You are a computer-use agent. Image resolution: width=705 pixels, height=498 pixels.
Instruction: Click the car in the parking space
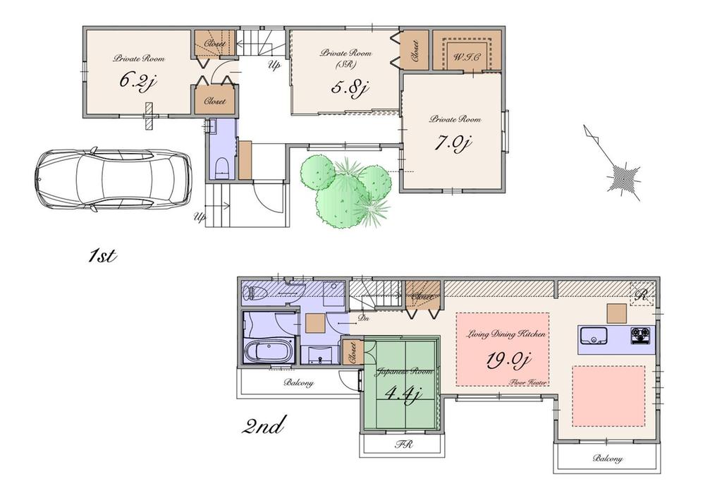(x=113, y=180)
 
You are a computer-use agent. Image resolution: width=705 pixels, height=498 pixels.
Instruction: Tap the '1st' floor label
(x=102, y=256)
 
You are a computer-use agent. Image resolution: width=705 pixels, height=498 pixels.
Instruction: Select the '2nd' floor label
(x=264, y=425)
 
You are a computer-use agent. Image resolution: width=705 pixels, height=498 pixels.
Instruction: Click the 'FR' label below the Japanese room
(x=403, y=446)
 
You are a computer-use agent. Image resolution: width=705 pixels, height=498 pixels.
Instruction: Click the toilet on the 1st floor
(x=221, y=169)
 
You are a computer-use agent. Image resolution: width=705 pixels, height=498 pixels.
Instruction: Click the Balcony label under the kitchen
(x=606, y=458)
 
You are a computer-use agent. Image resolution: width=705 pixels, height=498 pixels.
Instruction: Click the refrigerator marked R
(x=642, y=295)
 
